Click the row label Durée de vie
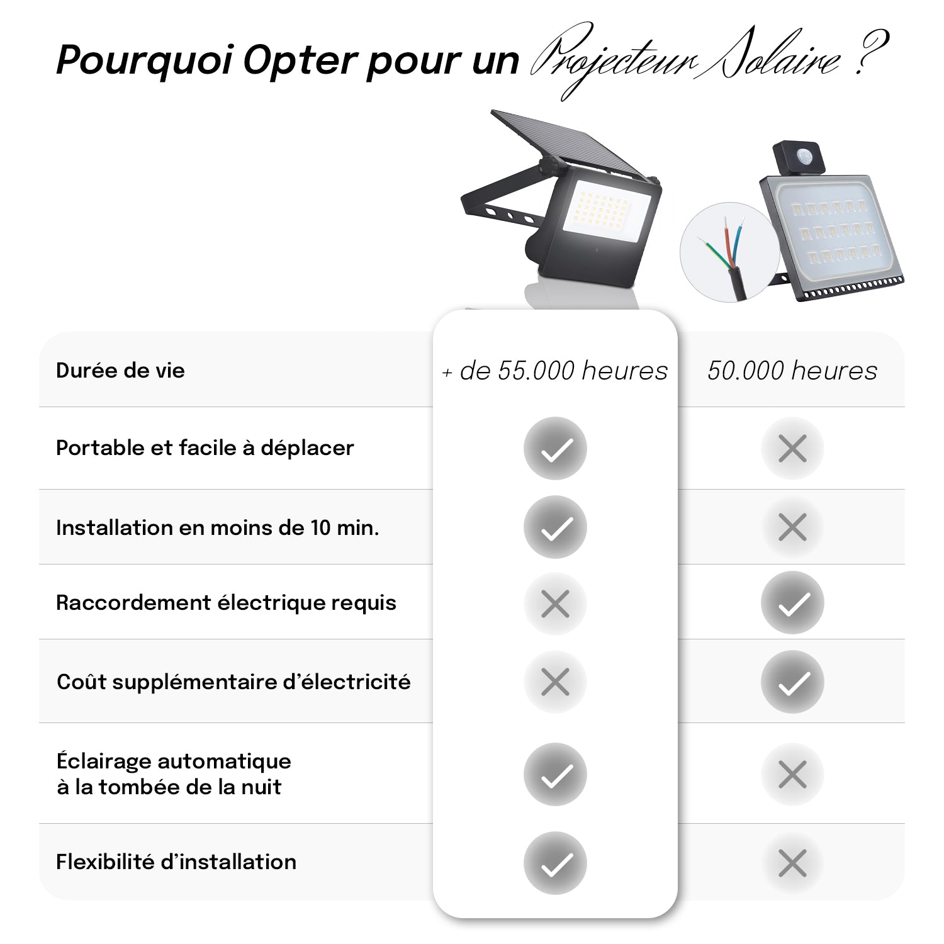point(120,371)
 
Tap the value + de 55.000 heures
point(555,371)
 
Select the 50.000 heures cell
point(792,371)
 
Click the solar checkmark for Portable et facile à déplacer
point(555,448)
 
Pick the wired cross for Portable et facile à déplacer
point(792,449)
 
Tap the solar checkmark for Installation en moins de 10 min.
point(555,527)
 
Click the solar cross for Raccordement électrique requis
point(555,604)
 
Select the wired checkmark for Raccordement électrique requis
point(792,603)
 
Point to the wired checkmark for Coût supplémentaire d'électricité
point(792,682)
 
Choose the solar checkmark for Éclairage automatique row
point(555,774)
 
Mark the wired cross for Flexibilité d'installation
point(792,863)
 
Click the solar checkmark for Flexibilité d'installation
point(555,863)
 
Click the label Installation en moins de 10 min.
point(218,527)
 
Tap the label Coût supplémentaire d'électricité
point(233,682)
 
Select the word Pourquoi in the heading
point(144,61)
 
